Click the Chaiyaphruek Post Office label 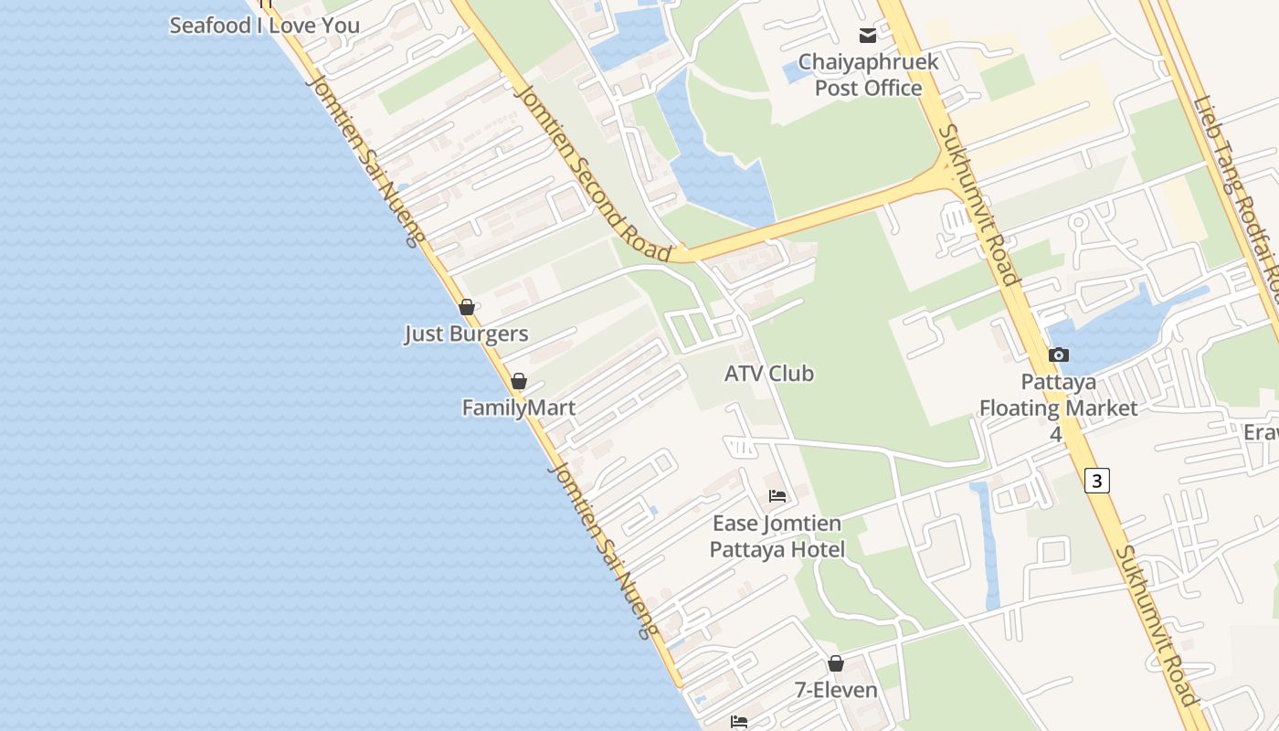point(868,75)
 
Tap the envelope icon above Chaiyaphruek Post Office point(868,36)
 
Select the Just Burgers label point(466,334)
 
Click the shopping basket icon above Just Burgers point(467,307)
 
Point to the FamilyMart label point(519,408)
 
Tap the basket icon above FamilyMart point(519,381)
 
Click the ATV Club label point(768,373)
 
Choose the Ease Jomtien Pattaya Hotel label point(777,536)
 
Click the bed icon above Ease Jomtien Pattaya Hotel point(777,496)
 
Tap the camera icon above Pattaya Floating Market point(1059,355)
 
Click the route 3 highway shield point(1097,480)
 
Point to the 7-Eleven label point(836,690)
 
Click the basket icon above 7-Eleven point(836,663)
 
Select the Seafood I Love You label point(264,26)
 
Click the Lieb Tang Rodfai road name point(1238,192)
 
